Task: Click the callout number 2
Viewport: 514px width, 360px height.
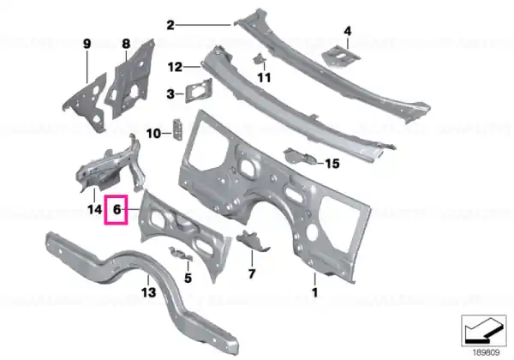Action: point(170,25)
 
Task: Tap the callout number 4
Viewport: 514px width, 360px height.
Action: point(348,32)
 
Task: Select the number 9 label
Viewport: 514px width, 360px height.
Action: point(87,44)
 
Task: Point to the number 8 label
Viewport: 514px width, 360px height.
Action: point(126,44)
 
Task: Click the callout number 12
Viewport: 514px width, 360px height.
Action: point(175,67)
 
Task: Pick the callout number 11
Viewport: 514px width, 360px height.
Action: point(264,78)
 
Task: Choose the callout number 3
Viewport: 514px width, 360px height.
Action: point(170,94)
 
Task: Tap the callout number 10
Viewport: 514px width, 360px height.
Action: point(153,134)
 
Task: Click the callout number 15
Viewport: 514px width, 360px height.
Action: point(332,163)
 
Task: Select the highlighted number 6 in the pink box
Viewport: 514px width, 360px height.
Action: point(117,209)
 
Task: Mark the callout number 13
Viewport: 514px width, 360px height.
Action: point(148,291)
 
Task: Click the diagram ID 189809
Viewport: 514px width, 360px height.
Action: point(486,352)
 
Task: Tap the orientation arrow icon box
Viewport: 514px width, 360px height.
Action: point(483,331)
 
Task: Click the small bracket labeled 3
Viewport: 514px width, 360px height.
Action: point(199,90)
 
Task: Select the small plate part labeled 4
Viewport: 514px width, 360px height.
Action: point(341,57)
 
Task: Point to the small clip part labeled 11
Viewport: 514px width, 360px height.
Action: point(259,59)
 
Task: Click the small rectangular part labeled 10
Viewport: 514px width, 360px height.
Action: point(177,129)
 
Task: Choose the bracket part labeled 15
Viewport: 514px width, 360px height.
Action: point(300,156)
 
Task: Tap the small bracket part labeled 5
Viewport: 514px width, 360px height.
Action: point(180,254)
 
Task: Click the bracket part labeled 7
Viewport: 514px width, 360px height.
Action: point(253,240)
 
